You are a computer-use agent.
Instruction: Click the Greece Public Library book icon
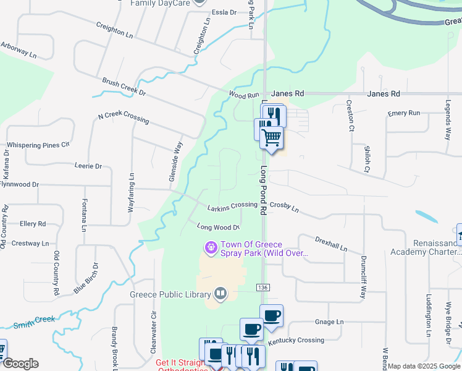[220, 294]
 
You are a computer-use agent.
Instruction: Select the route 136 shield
[262, 288]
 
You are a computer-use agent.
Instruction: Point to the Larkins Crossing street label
[232, 205]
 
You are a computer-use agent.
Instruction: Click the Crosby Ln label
[284, 207]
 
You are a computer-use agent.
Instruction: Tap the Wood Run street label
[243, 95]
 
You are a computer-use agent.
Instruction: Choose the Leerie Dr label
[88, 166]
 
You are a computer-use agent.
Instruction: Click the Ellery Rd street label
[33, 224]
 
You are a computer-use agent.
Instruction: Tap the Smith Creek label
[35, 321]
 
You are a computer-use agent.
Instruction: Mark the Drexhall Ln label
[330, 243]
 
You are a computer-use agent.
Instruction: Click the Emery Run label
[404, 113]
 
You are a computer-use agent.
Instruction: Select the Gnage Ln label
[329, 322]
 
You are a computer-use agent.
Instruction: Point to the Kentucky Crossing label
[296, 341]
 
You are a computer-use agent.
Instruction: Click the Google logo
[20, 364]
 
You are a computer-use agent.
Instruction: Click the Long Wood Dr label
[218, 227]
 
